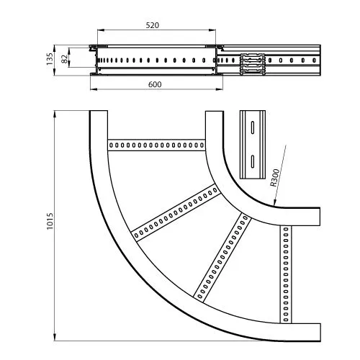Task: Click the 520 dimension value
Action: tap(153, 25)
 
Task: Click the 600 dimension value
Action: tap(155, 84)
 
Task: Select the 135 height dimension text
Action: tap(50, 59)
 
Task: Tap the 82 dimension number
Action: tap(64, 59)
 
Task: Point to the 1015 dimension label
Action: tap(50, 221)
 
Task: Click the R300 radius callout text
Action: tap(275, 178)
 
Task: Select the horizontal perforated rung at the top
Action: tap(156, 145)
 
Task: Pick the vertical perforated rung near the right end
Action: tap(286, 274)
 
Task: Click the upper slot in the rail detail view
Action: tap(253, 127)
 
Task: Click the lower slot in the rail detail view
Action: tap(253, 161)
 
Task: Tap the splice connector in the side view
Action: tap(253, 64)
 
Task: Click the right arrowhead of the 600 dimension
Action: tap(220, 89)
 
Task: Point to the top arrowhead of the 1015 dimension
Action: tap(55, 114)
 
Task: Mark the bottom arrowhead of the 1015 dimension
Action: tap(55, 337)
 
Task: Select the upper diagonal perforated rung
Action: tap(176, 212)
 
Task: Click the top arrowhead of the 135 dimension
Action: tap(54, 48)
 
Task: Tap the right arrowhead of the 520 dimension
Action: tap(212, 30)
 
